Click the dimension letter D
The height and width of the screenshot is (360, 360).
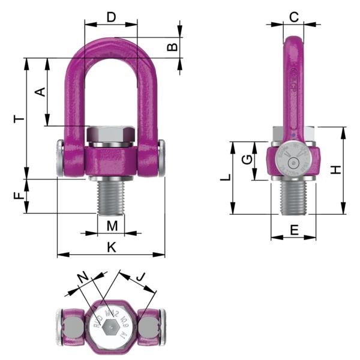(111, 17)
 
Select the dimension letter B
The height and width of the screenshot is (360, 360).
(172, 47)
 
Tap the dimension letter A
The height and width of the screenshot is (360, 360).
(40, 92)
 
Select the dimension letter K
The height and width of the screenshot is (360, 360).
(111, 247)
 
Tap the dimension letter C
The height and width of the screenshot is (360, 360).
(293, 17)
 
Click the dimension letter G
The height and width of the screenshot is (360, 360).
(245, 160)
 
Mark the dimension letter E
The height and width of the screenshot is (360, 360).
(293, 229)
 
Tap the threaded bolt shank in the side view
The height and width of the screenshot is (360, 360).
(293, 198)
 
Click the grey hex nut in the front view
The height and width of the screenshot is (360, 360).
(111, 135)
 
